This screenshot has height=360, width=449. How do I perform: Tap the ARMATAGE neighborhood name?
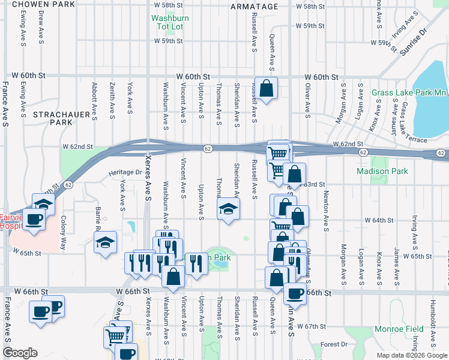[x=255, y=7]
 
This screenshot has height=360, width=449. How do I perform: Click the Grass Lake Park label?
[x=409, y=92]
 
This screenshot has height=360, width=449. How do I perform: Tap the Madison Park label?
[x=382, y=171]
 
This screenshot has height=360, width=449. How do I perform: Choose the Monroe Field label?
[x=399, y=329]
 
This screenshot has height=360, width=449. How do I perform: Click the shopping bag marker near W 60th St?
[x=267, y=88]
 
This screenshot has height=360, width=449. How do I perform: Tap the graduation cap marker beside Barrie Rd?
[x=106, y=243]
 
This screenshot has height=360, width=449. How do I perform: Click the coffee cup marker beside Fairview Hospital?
[x=35, y=219]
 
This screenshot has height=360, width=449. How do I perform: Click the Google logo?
[x=20, y=353]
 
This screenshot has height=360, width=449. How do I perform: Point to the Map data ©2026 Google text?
[x=412, y=355]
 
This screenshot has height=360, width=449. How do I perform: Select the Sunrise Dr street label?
[x=414, y=41]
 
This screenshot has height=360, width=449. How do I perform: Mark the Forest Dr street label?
[x=334, y=344]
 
